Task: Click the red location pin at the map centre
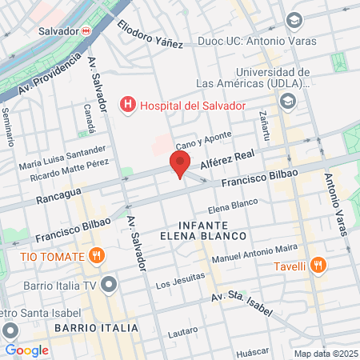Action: coord(180,166)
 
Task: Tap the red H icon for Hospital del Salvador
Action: coord(126,104)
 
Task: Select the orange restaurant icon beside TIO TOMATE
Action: coord(97,256)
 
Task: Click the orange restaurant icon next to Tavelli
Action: coord(318,266)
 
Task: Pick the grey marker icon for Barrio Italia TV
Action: coord(110,284)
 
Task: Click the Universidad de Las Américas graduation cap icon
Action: coord(288,101)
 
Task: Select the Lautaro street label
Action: coord(184,332)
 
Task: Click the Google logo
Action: coord(26,350)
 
